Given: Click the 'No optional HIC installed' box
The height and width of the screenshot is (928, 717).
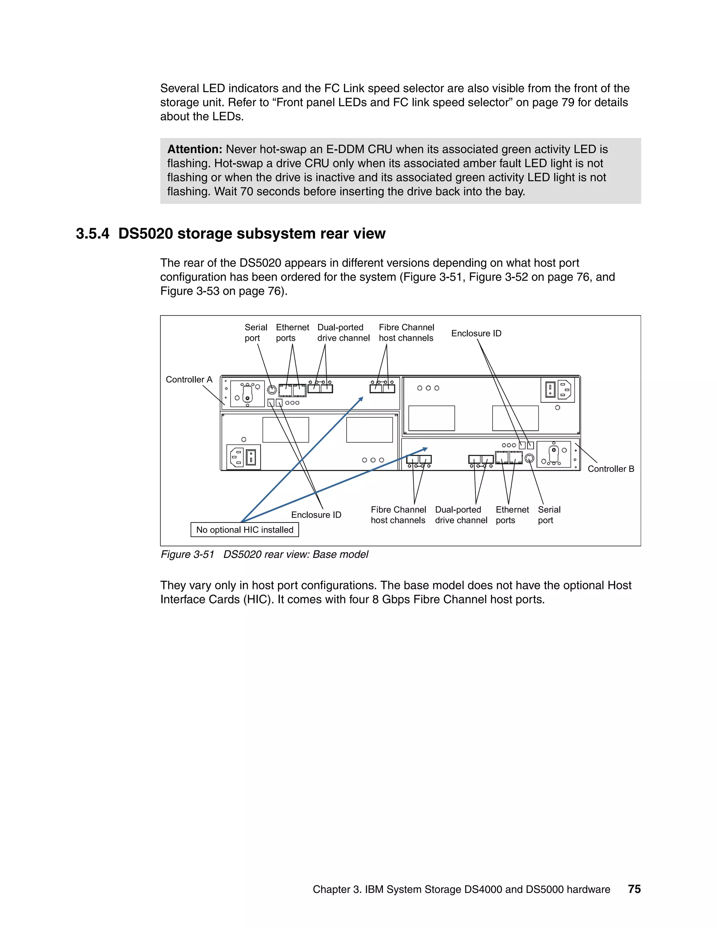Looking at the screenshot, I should (x=245, y=529).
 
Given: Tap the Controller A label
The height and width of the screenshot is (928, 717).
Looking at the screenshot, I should (x=189, y=380).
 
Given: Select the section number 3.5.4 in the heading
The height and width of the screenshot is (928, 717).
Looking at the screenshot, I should (x=92, y=234).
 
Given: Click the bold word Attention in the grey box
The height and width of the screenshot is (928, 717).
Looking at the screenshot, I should (x=195, y=149).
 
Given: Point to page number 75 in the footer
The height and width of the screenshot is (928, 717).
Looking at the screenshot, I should (x=634, y=889).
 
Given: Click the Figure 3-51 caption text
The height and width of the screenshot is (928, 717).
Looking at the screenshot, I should (x=264, y=554).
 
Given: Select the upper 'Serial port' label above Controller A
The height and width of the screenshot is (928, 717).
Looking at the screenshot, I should (x=255, y=333).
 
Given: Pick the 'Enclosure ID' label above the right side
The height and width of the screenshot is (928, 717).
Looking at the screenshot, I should (x=476, y=333).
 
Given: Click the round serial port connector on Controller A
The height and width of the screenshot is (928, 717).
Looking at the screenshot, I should (x=272, y=390).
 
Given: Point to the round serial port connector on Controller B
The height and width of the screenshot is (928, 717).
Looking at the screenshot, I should (x=529, y=458).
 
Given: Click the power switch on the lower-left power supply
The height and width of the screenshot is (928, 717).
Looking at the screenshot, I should (x=251, y=458).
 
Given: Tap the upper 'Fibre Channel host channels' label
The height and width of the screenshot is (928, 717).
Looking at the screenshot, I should (x=406, y=333).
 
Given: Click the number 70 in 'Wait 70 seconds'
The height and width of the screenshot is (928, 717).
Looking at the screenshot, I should (x=247, y=192).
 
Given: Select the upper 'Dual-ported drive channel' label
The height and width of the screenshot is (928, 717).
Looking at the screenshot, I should (x=343, y=333).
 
